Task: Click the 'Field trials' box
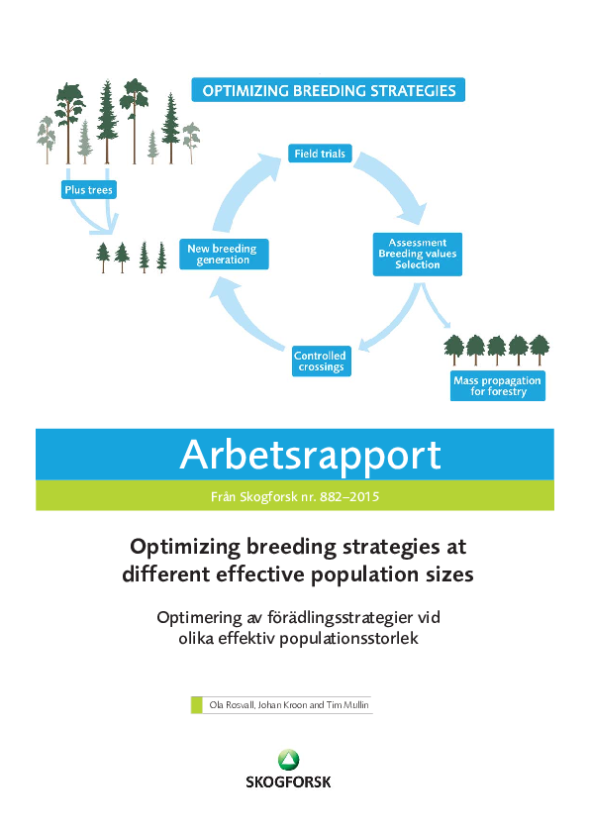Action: tap(320, 154)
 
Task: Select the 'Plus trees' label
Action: tap(88, 190)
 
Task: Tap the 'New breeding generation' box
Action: tap(222, 254)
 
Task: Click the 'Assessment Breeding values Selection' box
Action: tap(417, 254)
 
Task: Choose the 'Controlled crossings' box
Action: tap(320, 361)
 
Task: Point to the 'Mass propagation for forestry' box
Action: tap(497, 385)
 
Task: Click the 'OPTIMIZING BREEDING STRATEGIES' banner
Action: tap(329, 91)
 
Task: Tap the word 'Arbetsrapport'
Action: tap(309, 455)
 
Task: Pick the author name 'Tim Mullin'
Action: tap(348, 704)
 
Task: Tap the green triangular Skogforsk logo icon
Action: tap(289, 759)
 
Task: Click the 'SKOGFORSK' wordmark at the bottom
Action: tap(289, 782)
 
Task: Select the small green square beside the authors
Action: tap(196, 704)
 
